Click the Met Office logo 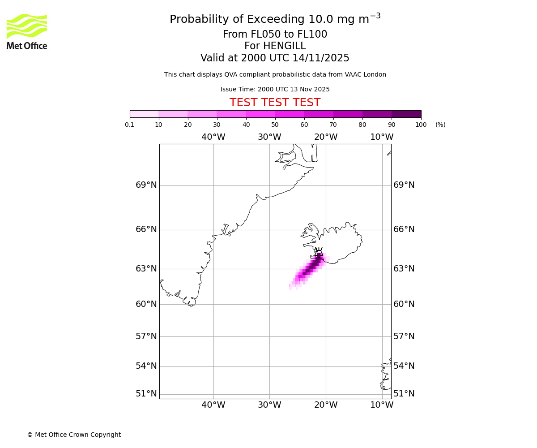[x=27, y=31]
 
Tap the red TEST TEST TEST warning [x=275, y=103]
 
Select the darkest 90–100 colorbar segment [x=406, y=114]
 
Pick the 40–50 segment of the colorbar [x=260, y=114]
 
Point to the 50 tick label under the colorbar [x=275, y=125]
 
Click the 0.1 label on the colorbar [x=130, y=125]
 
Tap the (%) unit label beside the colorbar [x=440, y=125]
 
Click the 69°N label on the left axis [x=146, y=185]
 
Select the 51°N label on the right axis [x=404, y=394]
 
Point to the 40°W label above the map [x=213, y=137]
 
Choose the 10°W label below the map [x=382, y=405]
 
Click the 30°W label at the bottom [x=269, y=405]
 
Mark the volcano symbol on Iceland [x=319, y=252]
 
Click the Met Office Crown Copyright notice [x=74, y=435]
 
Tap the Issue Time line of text [x=275, y=90]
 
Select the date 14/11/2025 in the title [x=321, y=58]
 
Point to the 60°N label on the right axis [x=404, y=304]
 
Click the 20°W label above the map [x=326, y=137]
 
